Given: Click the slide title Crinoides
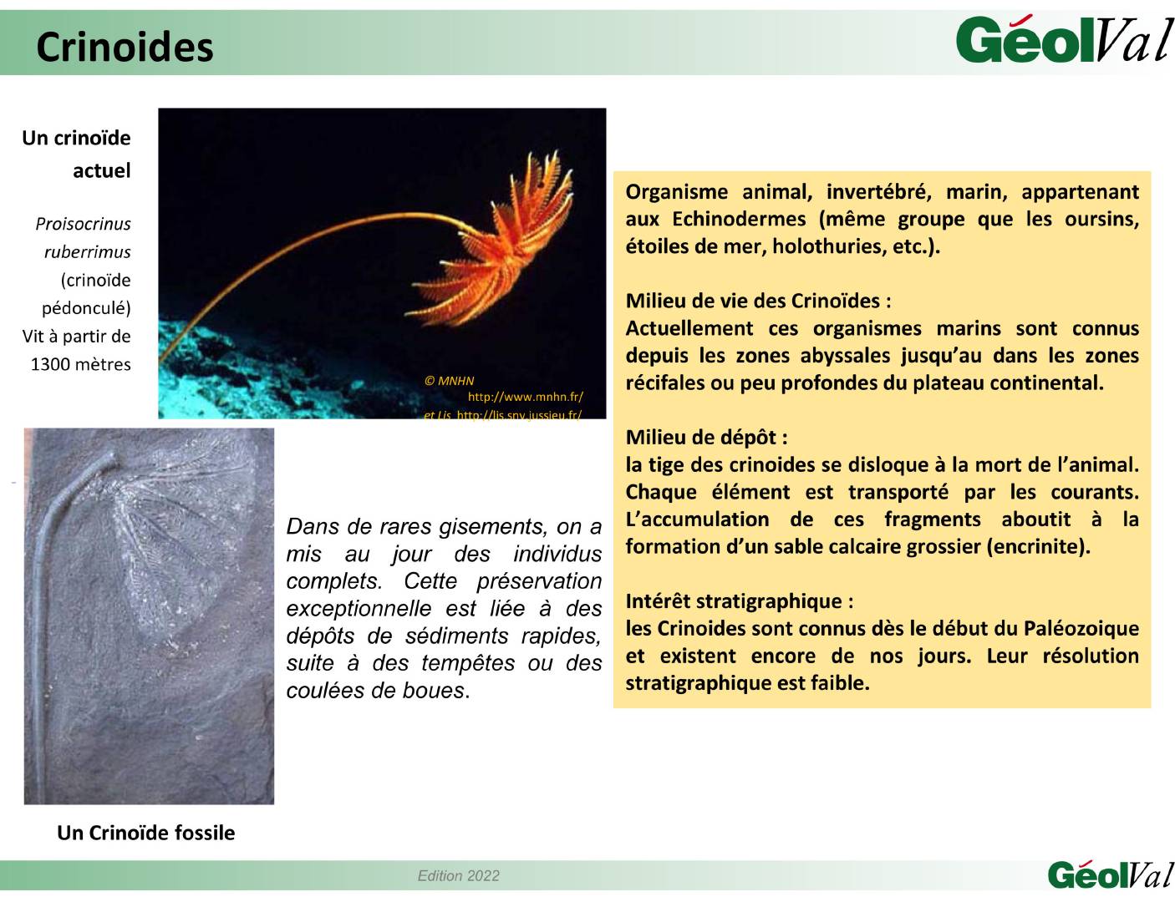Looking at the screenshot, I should coord(125,47).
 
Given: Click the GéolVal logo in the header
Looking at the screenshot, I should coord(1063,40).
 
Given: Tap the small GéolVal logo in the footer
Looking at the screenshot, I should coord(1109,874).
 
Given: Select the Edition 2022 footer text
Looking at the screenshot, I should coord(458,875).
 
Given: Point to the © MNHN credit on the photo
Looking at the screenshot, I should coord(449,381).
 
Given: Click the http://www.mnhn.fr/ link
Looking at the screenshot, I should coord(525,398).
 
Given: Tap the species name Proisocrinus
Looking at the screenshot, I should coord(83,224).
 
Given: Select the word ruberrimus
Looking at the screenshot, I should coord(87,252).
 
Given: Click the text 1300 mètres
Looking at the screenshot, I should coord(80,364).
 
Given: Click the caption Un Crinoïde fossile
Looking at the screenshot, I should coord(145,833).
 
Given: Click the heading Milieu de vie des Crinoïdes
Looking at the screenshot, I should coord(758,301).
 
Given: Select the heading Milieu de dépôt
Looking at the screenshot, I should coord(706,437).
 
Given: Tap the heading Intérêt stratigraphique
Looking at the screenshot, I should coord(739,601).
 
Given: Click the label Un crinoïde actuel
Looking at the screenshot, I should coord(77,154).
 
